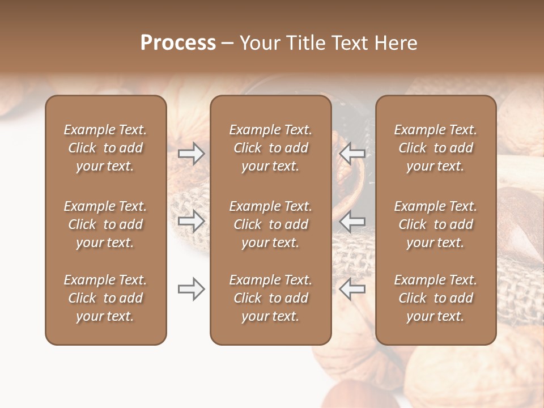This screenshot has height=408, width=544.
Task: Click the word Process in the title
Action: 178,43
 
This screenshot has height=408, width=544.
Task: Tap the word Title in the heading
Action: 305,43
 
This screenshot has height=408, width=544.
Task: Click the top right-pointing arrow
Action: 192,153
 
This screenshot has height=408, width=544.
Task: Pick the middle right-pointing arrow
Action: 192,221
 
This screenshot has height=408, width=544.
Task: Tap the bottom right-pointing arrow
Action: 192,289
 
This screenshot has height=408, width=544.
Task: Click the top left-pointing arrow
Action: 352,153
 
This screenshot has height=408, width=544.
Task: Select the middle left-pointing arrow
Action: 352,221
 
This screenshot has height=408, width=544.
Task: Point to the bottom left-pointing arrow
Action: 352,289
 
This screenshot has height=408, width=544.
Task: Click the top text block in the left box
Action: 105,148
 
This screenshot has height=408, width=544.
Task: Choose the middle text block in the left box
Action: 105,224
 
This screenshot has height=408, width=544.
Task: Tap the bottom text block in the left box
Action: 105,298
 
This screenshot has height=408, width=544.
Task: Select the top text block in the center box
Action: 270,148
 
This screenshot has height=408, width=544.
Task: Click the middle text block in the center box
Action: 270,224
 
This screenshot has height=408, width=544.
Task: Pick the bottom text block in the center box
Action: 270,298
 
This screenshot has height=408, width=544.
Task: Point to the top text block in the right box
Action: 436,148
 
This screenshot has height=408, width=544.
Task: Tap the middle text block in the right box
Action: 436,224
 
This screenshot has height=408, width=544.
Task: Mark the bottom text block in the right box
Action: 436,298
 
